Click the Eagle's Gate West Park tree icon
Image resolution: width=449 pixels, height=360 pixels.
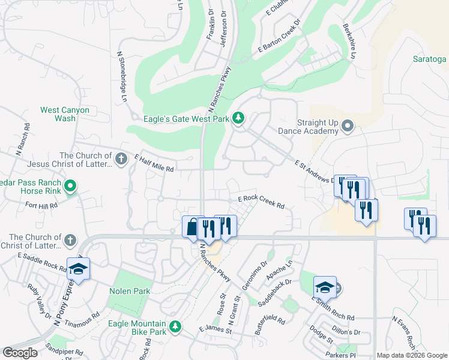coord(239,118)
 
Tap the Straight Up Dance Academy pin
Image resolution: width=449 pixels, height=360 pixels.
coord(348,126)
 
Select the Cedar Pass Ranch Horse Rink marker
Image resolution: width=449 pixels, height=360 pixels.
coord(70,187)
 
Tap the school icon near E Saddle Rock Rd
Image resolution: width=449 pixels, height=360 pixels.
coord(78,268)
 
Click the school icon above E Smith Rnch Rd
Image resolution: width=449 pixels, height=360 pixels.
coord(325,287)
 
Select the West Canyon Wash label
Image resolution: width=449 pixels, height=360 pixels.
coord(65,114)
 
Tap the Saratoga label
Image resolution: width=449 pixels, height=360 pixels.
coord(430,59)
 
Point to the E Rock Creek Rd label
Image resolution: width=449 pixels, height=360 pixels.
coord(261,201)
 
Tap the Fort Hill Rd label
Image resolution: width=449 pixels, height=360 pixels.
coord(42,205)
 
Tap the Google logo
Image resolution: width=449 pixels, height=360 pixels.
coord(20,353)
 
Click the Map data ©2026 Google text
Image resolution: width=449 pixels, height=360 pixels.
coord(411,355)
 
